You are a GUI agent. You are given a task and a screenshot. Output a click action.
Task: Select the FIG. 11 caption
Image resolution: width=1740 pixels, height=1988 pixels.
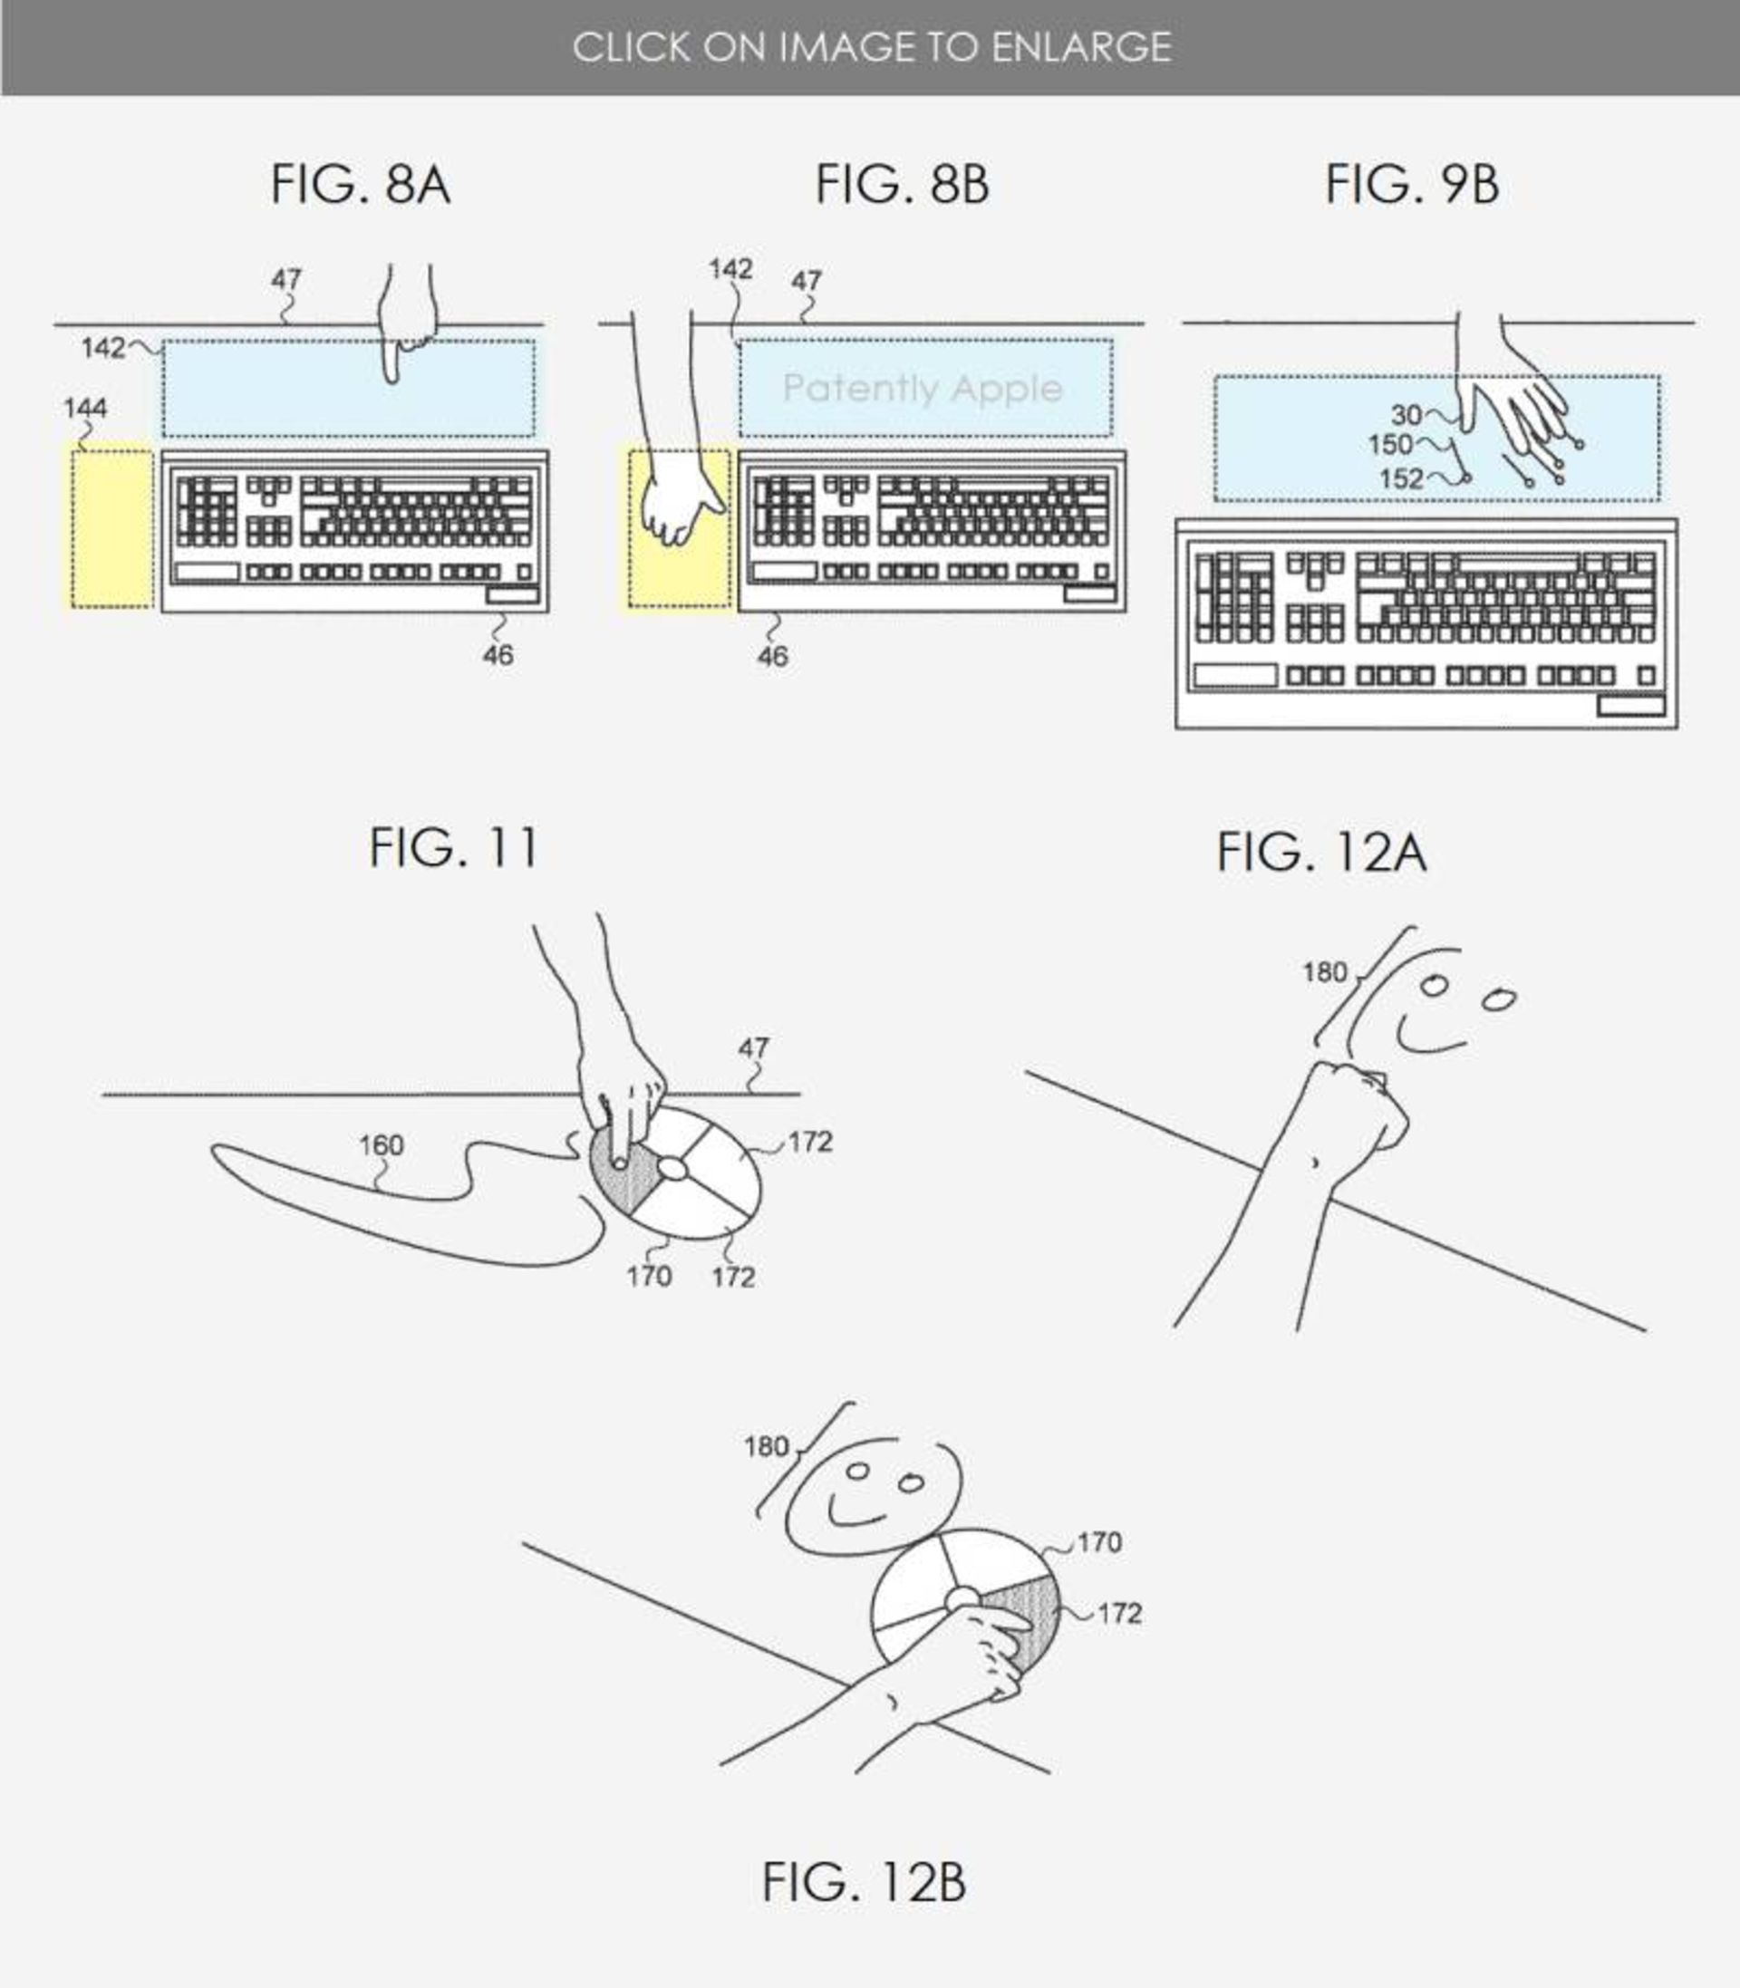[x=453, y=847]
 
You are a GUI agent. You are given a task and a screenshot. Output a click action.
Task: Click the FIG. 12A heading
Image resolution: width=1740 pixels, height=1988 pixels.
[x=1321, y=853]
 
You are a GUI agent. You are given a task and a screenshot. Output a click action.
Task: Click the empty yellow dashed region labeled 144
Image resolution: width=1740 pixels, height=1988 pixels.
[x=111, y=528]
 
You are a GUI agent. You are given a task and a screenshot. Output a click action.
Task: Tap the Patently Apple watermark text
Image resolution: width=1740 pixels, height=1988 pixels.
[x=923, y=389]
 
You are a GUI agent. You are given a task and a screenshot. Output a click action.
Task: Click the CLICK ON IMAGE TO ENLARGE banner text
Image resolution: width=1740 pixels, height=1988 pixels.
[x=871, y=46]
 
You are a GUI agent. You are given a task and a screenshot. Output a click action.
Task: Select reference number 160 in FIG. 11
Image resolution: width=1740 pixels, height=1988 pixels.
[x=381, y=1145]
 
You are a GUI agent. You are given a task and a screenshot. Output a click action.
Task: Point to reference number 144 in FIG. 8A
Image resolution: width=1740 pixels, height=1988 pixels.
[x=85, y=409]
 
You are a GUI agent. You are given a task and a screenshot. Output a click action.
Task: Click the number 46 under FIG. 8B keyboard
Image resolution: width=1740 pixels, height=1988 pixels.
[x=772, y=657]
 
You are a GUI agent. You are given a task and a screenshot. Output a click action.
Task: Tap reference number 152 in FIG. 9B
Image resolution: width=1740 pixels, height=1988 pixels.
[x=1401, y=478]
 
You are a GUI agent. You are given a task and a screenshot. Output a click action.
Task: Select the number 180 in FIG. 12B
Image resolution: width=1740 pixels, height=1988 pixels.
[x=765, y=1447]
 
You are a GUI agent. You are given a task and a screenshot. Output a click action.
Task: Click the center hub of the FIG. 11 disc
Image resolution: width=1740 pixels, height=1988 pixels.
[x=672, y=1168]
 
